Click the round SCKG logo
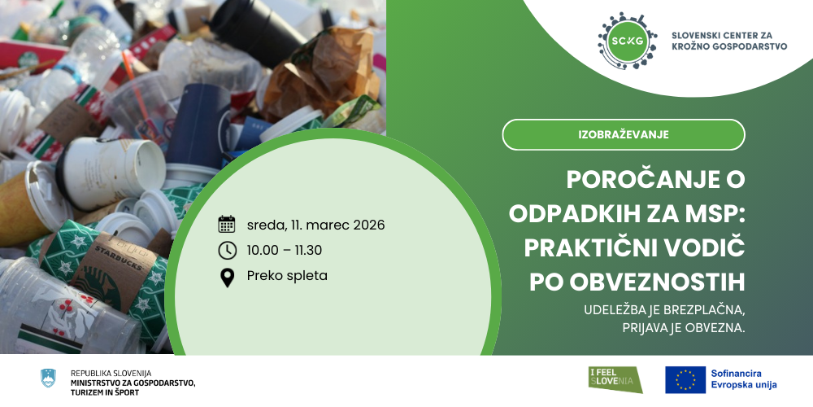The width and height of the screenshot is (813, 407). coord(628,41)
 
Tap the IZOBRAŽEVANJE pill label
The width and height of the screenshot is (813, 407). coord(624,134)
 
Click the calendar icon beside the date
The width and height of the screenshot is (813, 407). coord(227,225)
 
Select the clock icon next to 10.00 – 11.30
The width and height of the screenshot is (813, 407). coord(227,250)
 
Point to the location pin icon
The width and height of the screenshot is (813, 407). coord(227,278)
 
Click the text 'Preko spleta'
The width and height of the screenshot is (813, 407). coord(287,276)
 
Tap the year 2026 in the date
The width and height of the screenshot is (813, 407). coord(369,225)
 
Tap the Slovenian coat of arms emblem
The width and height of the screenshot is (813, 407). coord(48,378)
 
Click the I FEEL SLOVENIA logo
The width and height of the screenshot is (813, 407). coord(615,379)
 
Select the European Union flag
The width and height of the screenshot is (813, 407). coord(685,380)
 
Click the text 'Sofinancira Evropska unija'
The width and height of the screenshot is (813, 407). coord(744,379)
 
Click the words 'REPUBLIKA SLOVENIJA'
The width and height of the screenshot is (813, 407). coord(111,373)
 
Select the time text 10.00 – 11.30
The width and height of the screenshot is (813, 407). coord(284,250)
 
